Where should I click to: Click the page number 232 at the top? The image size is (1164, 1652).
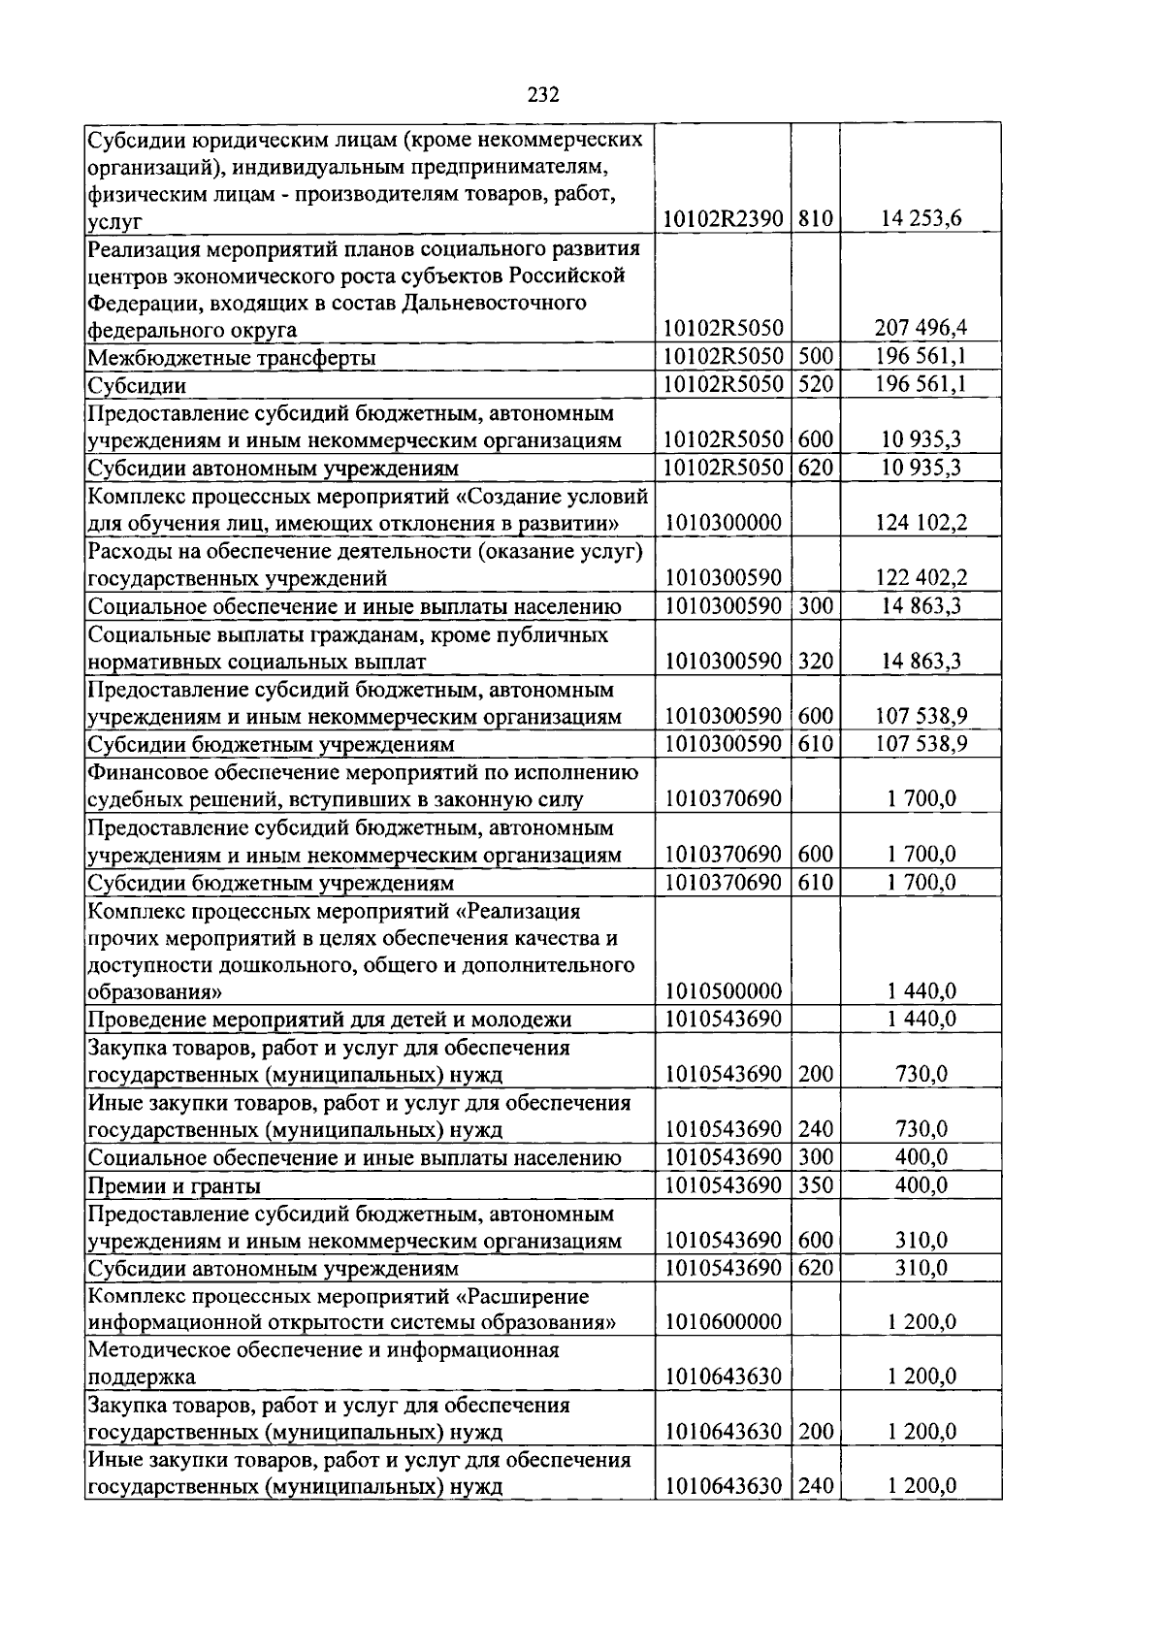tap(543, 94)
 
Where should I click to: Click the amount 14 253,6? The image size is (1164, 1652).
tap(921, 219)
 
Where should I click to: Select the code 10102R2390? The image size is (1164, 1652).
tap(723, 219)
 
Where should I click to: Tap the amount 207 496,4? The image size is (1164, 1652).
tap(921, 329)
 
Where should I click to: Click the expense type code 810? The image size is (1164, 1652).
tap(816, 219)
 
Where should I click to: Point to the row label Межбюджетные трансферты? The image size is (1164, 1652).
tap(231, 358)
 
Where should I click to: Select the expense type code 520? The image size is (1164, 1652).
tap(816, 384)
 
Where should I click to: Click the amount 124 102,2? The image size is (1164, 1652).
tap(921, 523)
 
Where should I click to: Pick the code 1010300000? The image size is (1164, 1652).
tap(723, 523)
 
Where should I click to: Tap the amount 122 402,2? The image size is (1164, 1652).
tap(921, 578)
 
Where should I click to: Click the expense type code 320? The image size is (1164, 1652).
tap(816, 662)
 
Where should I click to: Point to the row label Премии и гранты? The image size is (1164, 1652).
tap(174, 1185)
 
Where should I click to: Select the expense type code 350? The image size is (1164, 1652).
tap(816, 1184)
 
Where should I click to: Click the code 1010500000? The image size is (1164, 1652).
tap(723, 991)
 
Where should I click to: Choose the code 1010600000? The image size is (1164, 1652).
tap(723, 1322)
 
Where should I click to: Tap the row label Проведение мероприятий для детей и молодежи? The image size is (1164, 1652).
tap(330, 1020)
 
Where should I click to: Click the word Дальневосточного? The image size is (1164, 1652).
tap(501, 303)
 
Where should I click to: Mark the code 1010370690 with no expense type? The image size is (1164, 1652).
tap(723, 798)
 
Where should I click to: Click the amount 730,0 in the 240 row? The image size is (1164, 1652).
tap(921, 1129)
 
